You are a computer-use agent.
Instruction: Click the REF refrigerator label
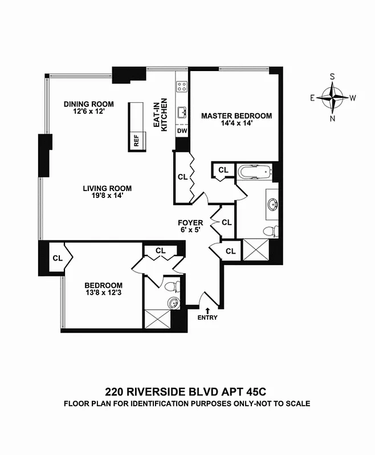(137, 141)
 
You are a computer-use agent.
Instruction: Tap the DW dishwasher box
(182, 131)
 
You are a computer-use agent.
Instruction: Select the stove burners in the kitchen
(182, 87)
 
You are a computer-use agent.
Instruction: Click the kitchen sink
(182, 111)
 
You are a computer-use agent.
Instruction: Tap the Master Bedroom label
(237, 116)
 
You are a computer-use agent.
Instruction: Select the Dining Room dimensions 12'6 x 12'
(88, 112)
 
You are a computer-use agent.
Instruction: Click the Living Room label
(107, 188)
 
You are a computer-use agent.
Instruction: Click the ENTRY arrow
(207, 309)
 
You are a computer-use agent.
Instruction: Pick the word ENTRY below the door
(207, 317)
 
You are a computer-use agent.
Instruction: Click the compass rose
(333, 97)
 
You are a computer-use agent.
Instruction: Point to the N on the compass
(333, 119)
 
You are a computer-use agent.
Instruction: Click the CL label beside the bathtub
(223, 169)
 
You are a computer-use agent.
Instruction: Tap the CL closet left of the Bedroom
(58, 258)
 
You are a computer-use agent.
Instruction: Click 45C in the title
(254, 392)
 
